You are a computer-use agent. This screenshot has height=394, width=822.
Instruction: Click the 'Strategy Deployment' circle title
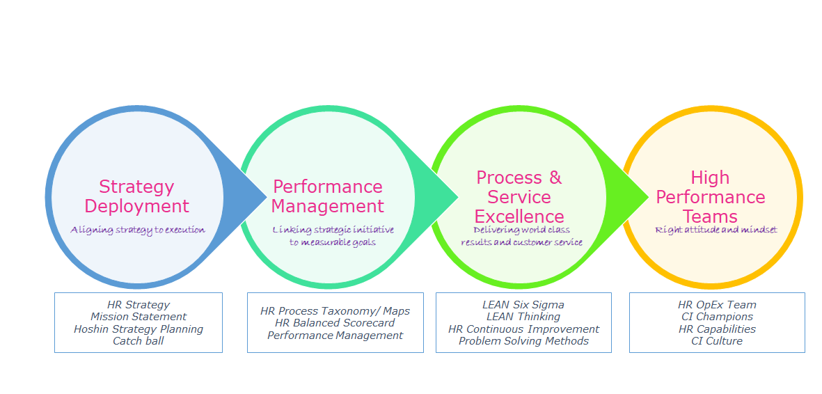136,196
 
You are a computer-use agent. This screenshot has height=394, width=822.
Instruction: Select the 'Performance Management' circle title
327,196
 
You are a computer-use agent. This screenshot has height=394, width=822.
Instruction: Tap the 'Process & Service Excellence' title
519,196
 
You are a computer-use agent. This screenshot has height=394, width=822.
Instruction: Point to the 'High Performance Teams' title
710,196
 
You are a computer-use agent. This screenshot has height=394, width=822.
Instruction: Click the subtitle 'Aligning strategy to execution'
138,230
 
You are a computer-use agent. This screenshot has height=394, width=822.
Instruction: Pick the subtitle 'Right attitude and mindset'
716,230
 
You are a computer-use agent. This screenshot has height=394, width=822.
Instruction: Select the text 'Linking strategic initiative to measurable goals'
333,236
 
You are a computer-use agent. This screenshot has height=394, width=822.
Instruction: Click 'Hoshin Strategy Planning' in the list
139,329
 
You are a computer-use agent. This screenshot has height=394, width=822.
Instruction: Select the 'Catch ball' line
139,341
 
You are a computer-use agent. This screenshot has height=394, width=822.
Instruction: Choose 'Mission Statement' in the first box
139,317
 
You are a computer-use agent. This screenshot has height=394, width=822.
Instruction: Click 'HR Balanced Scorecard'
335,323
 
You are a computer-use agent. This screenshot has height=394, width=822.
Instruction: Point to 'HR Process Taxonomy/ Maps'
335,311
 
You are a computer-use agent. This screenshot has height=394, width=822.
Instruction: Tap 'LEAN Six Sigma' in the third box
523,305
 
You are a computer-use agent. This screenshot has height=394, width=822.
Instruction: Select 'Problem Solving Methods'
523,341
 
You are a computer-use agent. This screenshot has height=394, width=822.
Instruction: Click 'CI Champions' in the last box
717,317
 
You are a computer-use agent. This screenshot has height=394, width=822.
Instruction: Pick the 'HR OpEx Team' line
717,305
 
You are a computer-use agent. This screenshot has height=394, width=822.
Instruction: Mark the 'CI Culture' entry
717,341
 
